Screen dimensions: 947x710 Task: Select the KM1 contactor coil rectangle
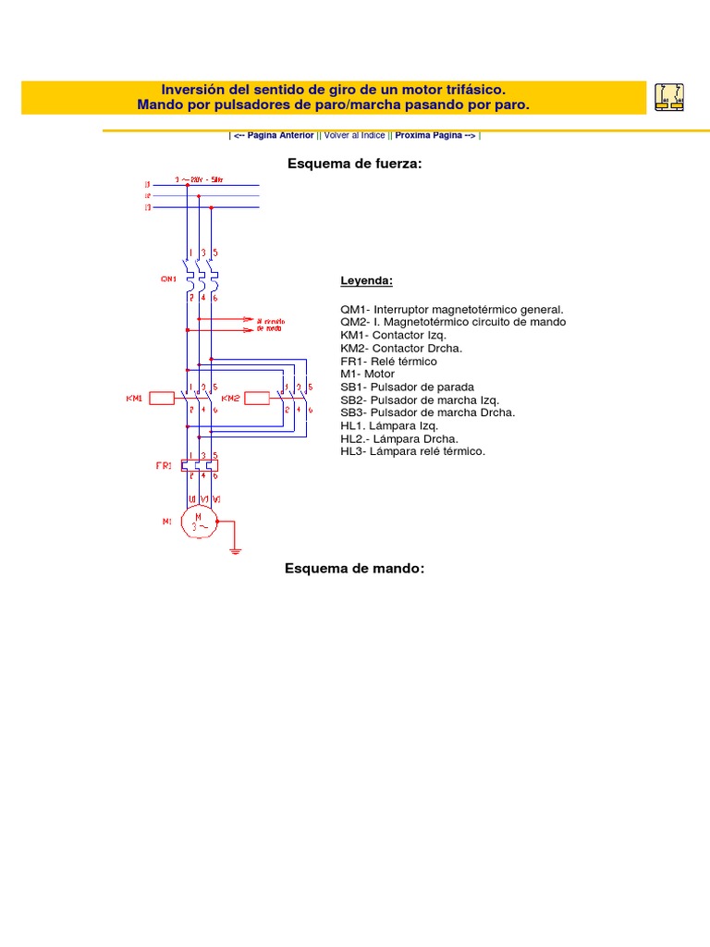pos(163,399)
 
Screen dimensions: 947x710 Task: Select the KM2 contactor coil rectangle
pos(257,399)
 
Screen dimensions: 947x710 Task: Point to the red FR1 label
pos(164,466)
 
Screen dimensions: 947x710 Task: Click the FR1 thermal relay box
pos(200,465)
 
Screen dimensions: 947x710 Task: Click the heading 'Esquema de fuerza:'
pos(355,164)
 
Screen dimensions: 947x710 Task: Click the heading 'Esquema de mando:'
pos(355,568)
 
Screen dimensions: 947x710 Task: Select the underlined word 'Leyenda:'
pos(366,280)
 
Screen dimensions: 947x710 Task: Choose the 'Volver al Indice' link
pos(356,135)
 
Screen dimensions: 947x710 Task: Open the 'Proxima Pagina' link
pos(435,135)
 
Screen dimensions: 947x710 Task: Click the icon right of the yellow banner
pos(669,96)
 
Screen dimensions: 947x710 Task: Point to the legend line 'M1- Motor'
pos(367,375)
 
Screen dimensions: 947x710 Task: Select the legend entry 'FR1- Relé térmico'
pos(388,362)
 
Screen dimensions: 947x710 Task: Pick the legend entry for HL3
pos(412,451)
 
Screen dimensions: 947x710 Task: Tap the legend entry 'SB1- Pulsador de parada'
pos(407,387)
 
